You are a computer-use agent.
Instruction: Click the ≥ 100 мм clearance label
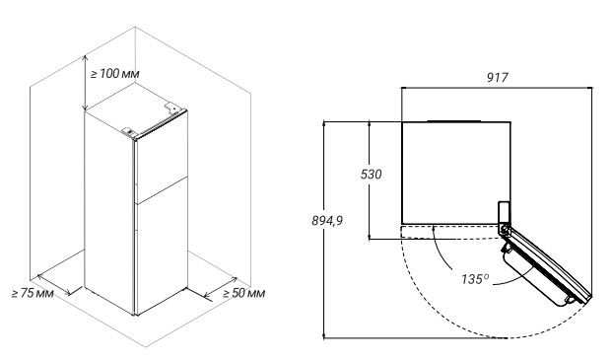pos(114,74)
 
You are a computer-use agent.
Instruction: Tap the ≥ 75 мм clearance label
pos(33,293)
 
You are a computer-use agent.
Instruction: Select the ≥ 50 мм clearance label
pos(244,293)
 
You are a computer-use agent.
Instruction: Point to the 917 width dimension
pos(498,78)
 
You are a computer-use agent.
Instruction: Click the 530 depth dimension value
pos(371,175)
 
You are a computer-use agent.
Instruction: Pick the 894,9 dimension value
pos(327,221)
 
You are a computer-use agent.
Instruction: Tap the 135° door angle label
pos(475,279)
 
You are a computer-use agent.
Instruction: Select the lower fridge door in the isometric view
pos(161,247)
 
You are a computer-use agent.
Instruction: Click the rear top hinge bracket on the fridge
pos(172,108)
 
